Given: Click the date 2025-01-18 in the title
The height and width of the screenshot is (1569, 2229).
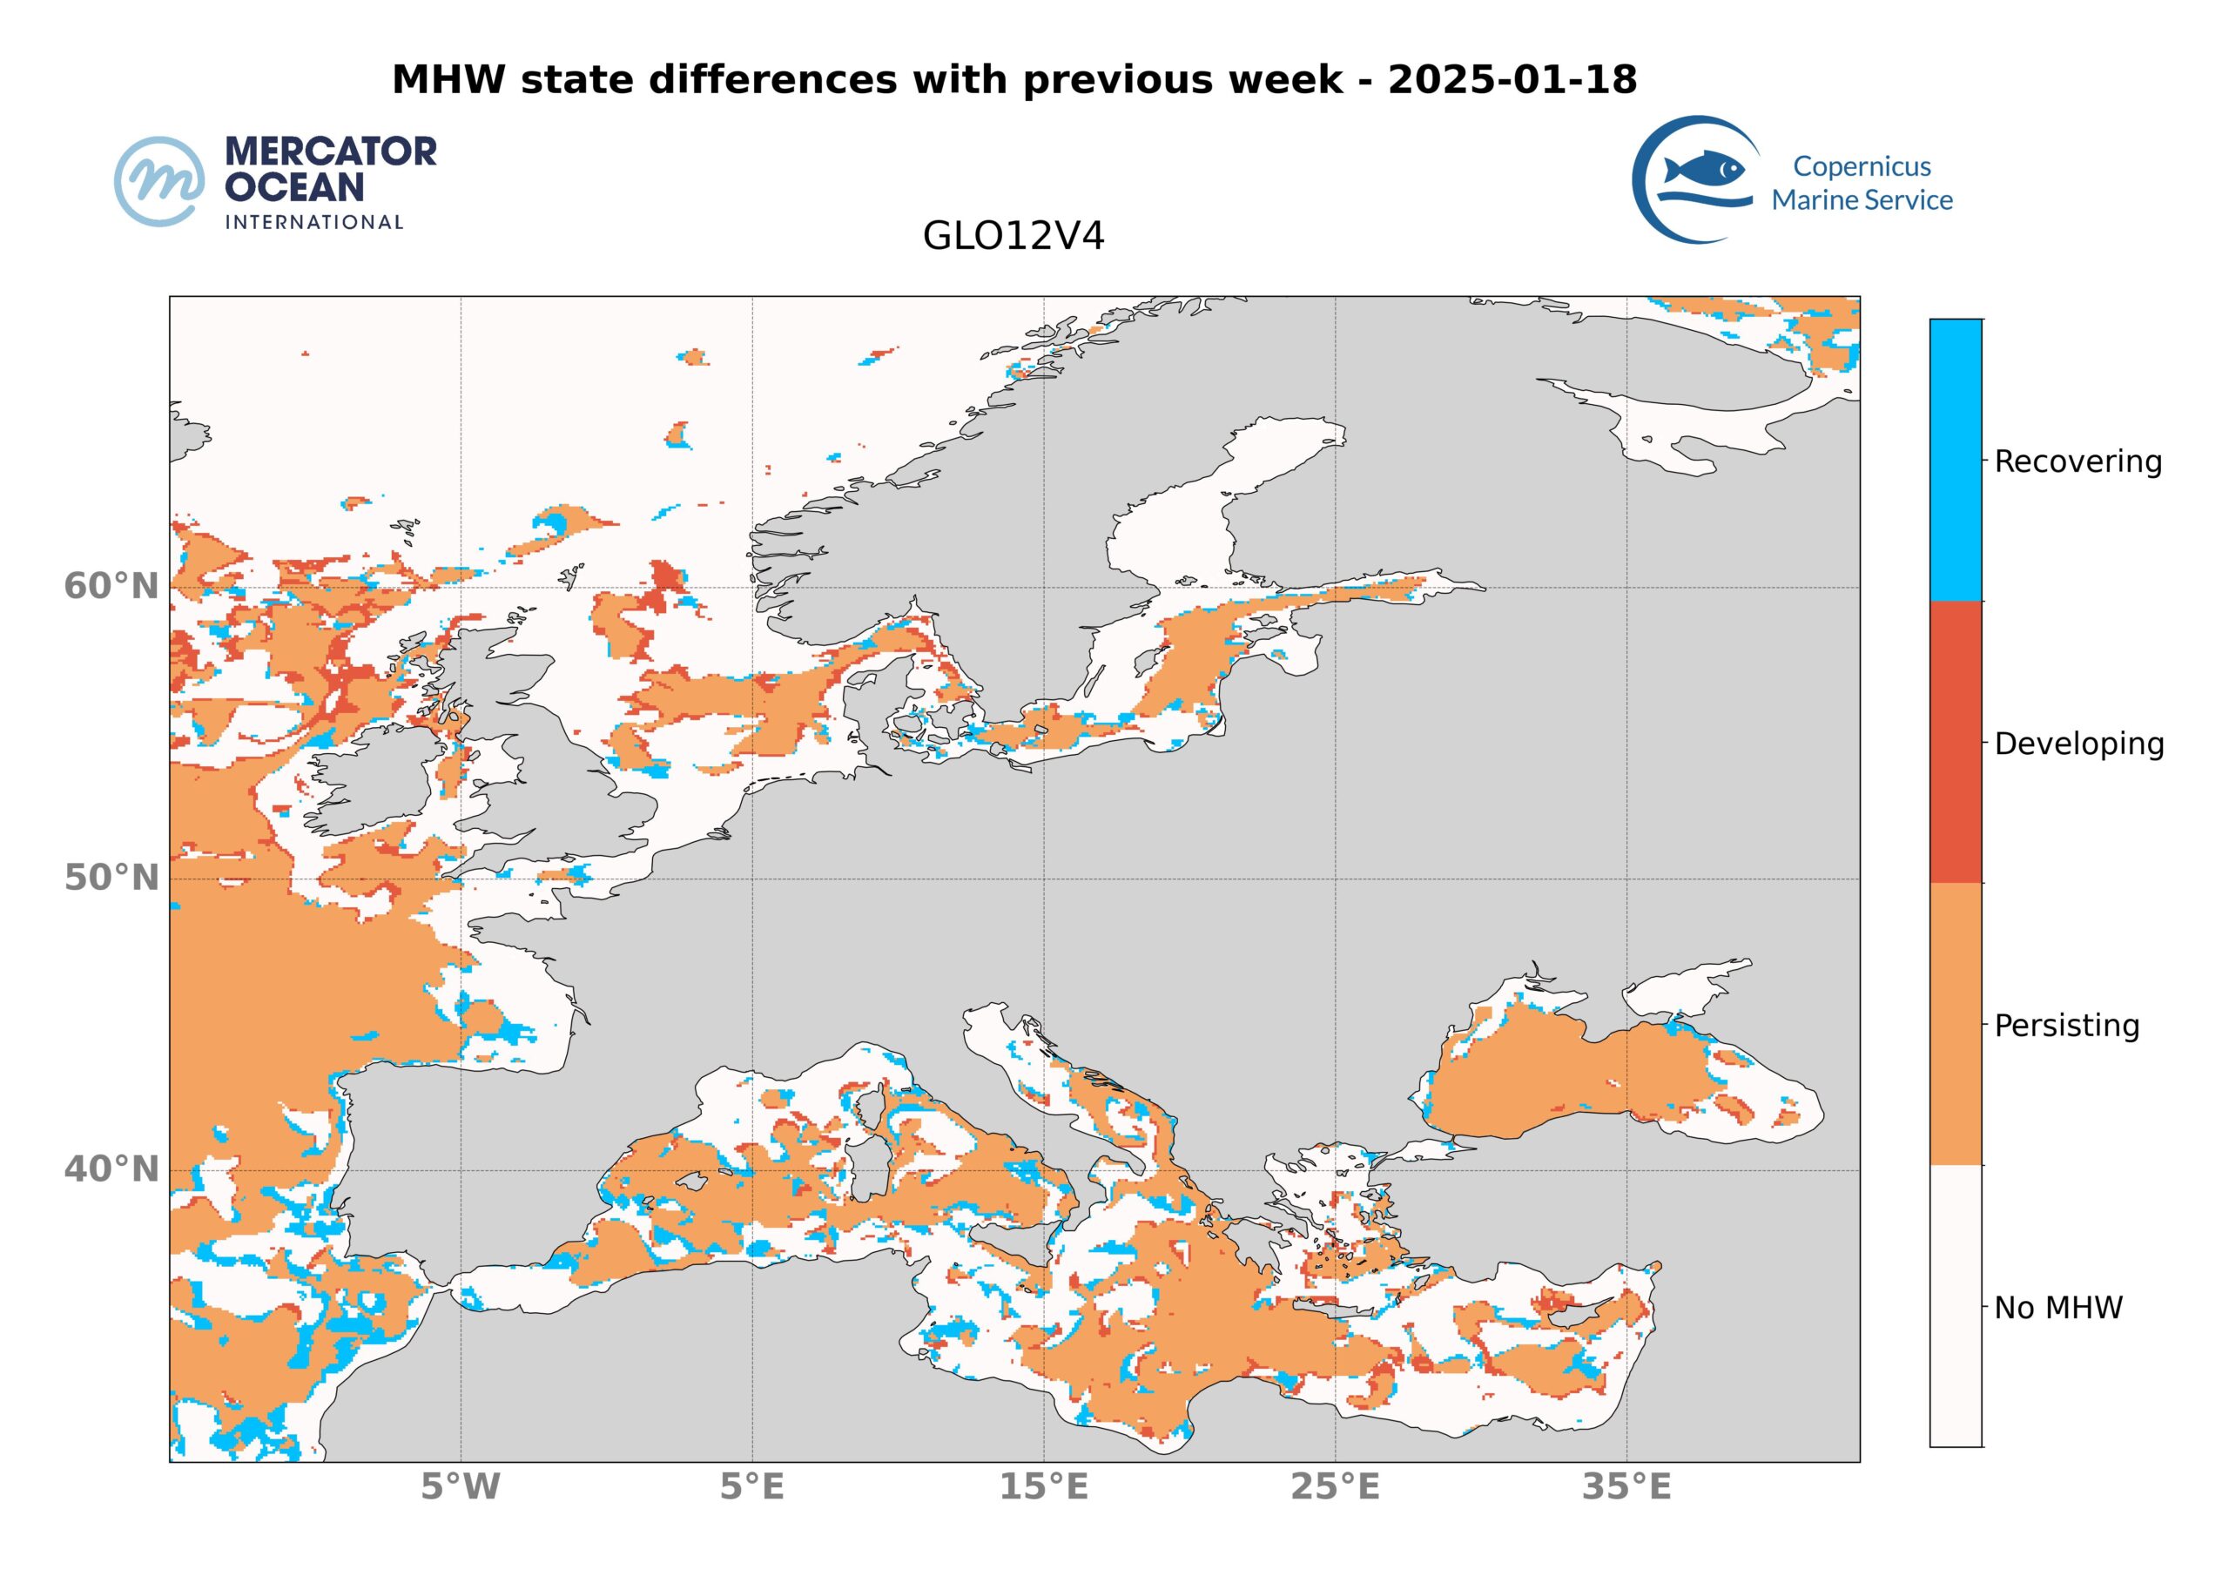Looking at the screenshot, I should pos(1512,79).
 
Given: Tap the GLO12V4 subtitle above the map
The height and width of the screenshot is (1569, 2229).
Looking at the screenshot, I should pos(1013,237).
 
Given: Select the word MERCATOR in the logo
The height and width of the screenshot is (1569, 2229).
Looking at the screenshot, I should pos(331,152).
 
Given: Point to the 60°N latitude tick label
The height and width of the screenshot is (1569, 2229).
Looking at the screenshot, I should pos(111,587).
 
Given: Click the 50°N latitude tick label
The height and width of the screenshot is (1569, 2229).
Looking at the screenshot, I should pos(111,878).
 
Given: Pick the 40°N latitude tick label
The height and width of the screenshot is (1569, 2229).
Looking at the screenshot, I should pos(111,1169).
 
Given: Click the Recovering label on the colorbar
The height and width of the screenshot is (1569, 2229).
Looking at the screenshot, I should pos(2077,461).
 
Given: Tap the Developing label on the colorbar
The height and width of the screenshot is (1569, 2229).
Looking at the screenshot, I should pos(2078,744).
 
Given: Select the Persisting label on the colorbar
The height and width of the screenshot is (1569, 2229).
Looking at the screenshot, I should pos(2066,1026).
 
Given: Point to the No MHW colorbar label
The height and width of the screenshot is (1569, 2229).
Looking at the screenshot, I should pos(2058,1308).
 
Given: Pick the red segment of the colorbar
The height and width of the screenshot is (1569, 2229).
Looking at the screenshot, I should pos(1956,742).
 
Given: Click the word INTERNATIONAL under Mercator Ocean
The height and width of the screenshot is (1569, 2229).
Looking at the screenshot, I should pos(313,222).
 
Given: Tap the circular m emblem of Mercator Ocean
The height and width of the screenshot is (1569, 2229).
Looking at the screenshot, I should pos(159,182).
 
